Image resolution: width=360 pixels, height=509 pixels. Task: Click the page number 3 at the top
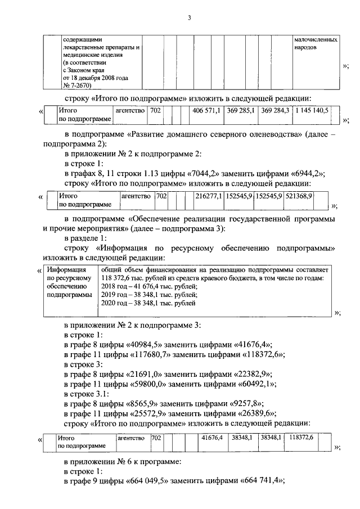[190, 18]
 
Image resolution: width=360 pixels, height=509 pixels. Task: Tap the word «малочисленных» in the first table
[316, 40]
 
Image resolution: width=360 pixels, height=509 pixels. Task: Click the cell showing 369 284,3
[275, 110]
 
